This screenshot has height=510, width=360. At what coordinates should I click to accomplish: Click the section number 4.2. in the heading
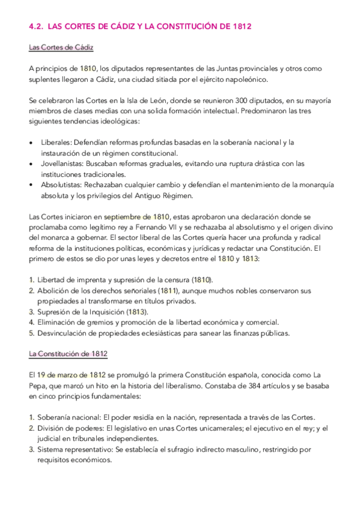point(37,26)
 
